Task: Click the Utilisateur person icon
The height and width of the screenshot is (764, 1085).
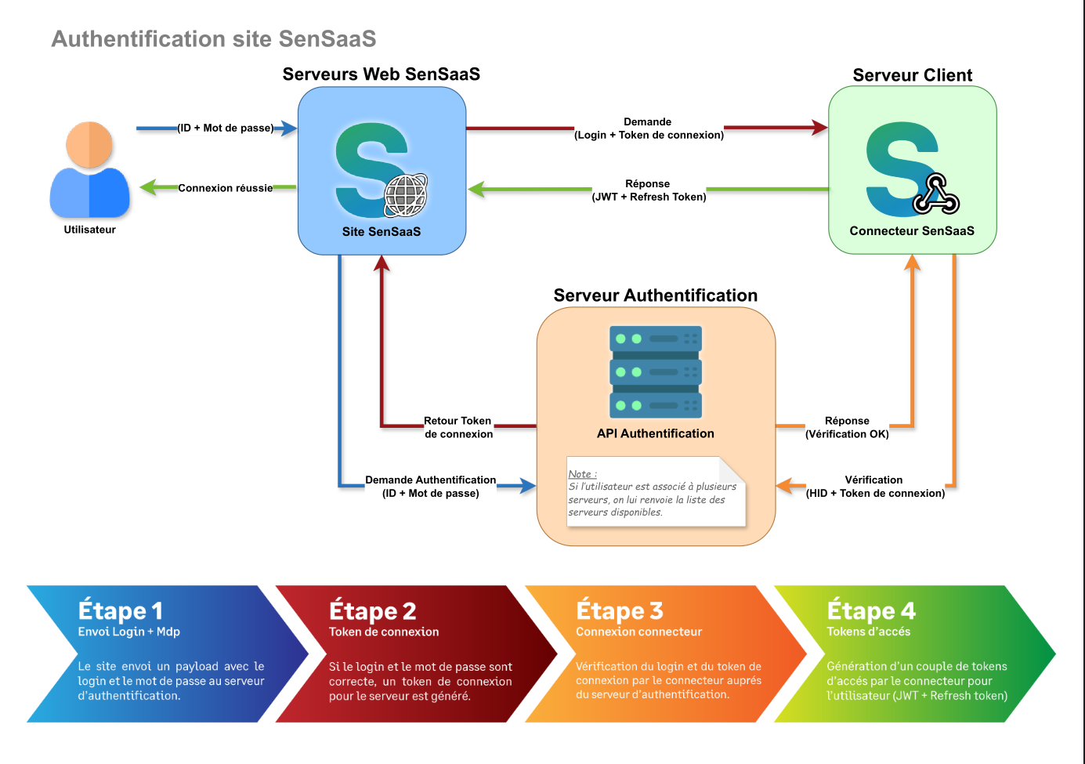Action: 89,171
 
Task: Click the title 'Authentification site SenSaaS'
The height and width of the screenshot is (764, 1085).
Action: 214,39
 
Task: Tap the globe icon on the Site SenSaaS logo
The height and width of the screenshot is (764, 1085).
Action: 406,195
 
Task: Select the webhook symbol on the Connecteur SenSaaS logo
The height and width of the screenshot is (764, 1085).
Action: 936,196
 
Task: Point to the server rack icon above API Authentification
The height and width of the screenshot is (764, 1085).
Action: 656,372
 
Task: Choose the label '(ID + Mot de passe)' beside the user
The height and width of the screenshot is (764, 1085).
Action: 226,128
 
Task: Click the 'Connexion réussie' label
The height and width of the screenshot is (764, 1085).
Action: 226,188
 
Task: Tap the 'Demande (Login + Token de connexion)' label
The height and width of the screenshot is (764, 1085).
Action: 649,129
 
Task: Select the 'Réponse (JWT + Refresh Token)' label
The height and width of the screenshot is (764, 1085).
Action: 649,190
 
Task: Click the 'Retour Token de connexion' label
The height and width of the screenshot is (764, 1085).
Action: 458,427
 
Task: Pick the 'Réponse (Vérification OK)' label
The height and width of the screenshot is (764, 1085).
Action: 847,427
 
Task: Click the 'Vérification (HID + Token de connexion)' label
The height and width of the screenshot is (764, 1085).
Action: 875,486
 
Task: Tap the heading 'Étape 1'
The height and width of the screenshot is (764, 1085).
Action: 121,610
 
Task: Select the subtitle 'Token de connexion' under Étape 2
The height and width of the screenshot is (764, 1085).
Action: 384,632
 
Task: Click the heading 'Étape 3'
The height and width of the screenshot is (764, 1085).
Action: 620,610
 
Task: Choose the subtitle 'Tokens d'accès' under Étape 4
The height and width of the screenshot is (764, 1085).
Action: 869,632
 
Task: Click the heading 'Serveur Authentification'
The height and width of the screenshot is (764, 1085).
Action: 656,295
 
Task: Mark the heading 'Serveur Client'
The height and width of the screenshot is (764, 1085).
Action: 913,75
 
